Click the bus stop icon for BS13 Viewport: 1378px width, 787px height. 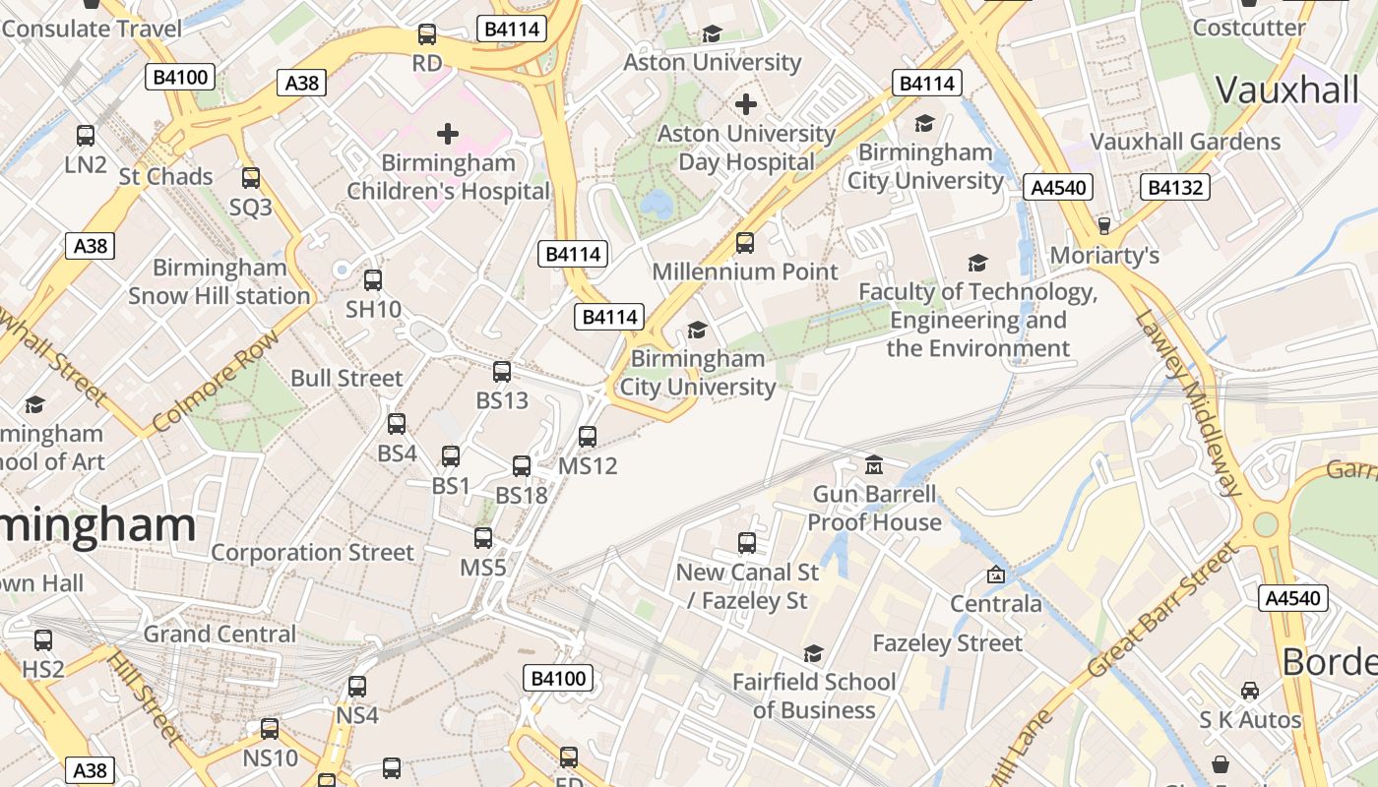(x=502, y=372)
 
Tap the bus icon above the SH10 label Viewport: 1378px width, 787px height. (x=373, y=280)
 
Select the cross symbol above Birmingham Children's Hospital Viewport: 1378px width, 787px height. (x=448, y=134)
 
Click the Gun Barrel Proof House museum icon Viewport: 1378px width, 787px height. (x=874, y=464)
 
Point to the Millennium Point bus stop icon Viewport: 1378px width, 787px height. (x=745, y=243)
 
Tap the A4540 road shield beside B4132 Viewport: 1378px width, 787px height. (x=1058, y=187)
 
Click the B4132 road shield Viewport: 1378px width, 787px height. (x=1176, y=187)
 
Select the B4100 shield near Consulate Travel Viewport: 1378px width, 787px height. (x=180, y=76)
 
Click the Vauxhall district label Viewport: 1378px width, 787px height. (x=1286, y=90)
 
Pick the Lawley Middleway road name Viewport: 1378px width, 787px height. (x=1189, y=402)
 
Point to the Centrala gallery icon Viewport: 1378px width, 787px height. (x=996, y=575)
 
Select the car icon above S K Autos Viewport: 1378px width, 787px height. (x=1250, y=691)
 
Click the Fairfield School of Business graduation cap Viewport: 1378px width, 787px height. (x=813, y=653)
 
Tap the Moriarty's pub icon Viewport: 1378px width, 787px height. (x=1104, y=226)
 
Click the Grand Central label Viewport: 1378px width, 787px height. (x=219, y=634)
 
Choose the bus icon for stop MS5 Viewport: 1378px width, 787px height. (x=483, y=538)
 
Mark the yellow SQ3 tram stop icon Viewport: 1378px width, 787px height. (x=251, y=178)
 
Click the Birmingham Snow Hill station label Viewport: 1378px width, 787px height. (x=219, y=281)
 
